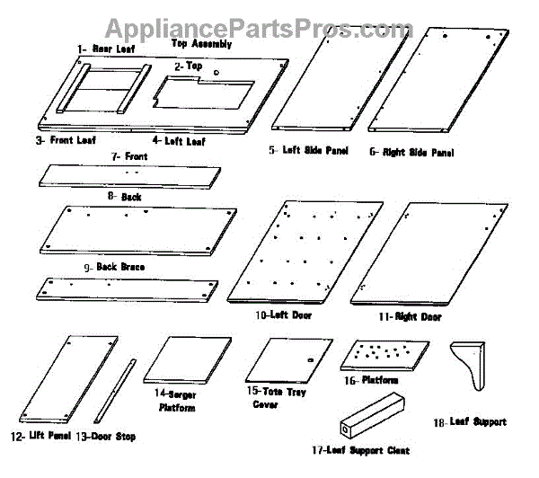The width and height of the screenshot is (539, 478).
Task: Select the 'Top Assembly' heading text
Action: pyautogui.click(x=201, y=43)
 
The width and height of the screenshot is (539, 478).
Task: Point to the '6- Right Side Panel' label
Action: pyautogui.click(x=411, y=153)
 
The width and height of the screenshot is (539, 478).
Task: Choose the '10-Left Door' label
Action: pyautogui.click(x=276, y=315)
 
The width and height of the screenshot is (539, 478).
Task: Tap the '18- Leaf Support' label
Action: pyautogui.click(x=470, y=421)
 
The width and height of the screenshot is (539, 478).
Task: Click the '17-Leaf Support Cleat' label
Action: pyautogui.click(x=375, y=450)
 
